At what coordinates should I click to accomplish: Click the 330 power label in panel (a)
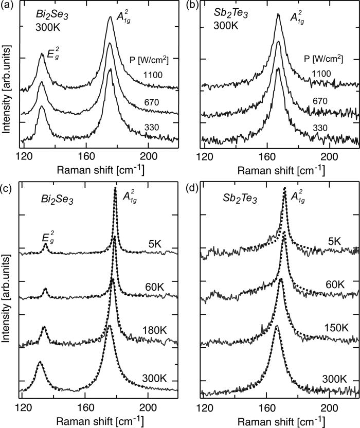[x=153, y=123]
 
